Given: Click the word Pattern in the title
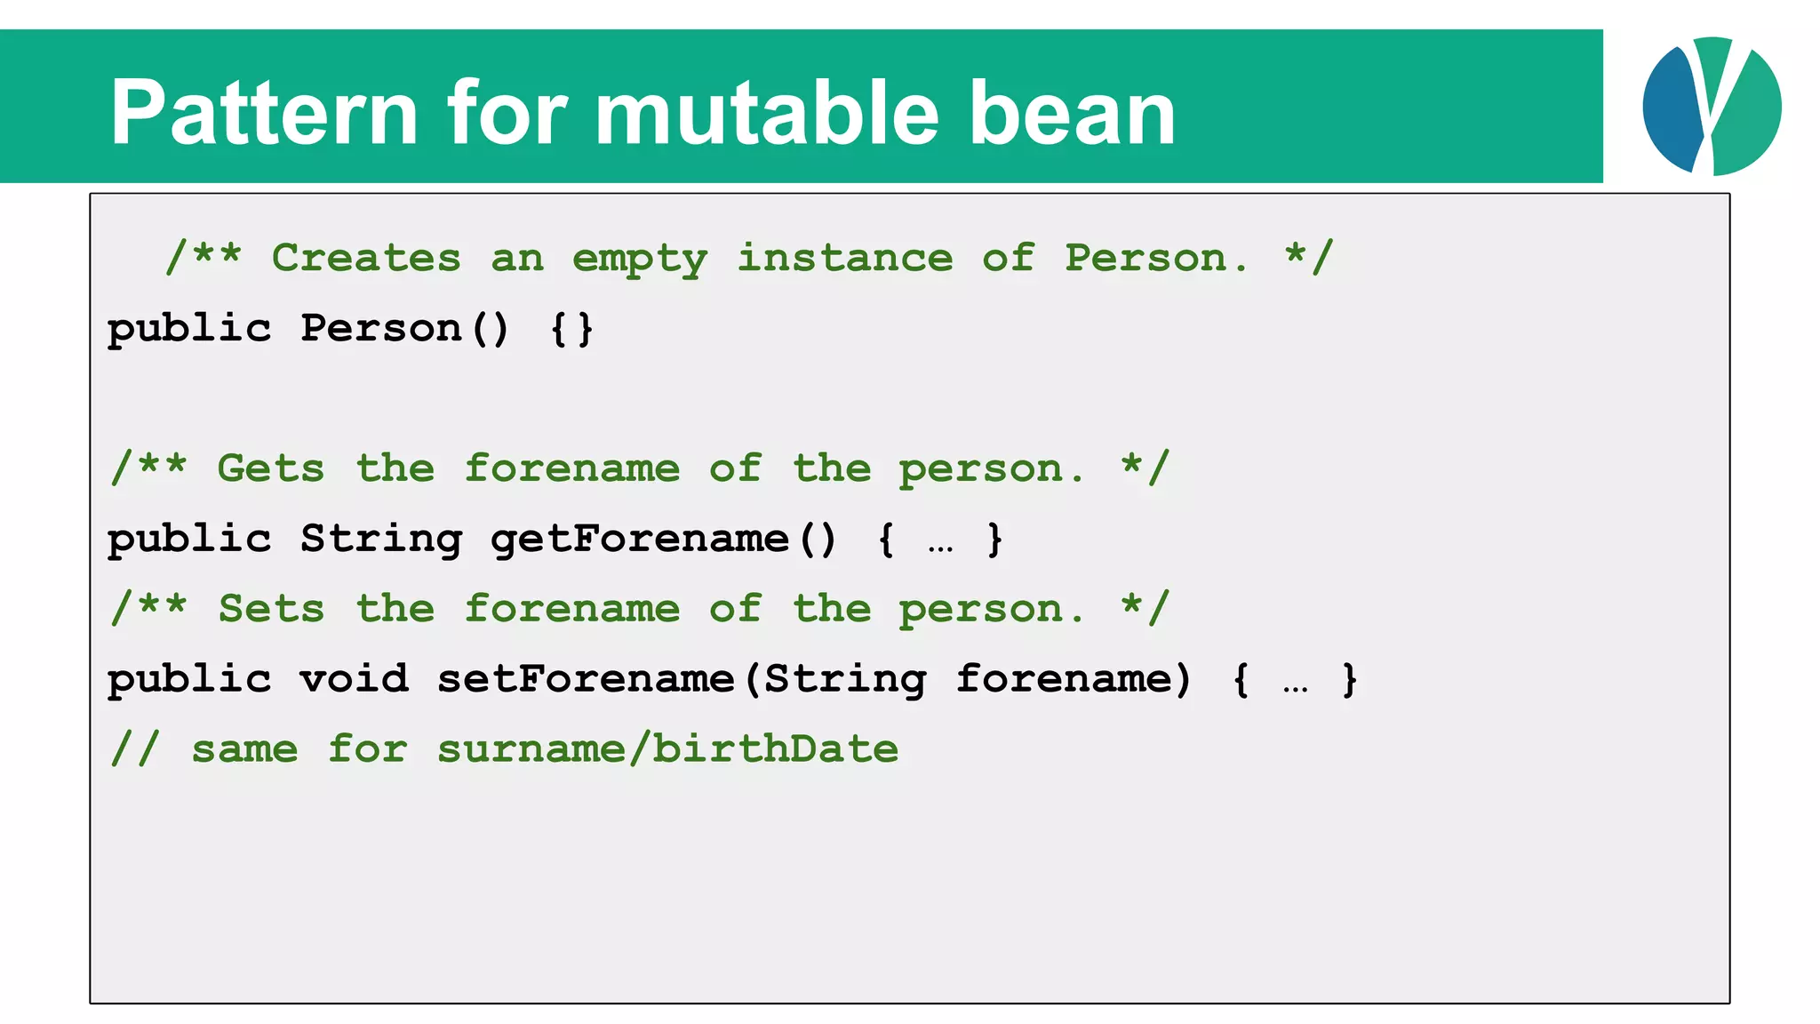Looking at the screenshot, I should pyautogui.click(x=263, y=113).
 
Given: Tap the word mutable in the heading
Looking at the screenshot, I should pyautogui.click(x=765, y=113).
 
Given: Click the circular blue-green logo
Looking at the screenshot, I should pyautogui.click(x=1711, y=106).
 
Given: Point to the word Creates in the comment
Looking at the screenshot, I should pyautogui.click(x=366, y=258).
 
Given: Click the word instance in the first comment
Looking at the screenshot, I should pyautogui.click(x=844, y=258).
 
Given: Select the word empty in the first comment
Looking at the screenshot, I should pyautogui.click(x=639, y=260).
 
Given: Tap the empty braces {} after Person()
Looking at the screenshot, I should pyautogui.click(x=571, y=329).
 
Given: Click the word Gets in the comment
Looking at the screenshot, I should pyautogui.click(x=271, y=468).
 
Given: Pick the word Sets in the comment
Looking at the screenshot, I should pyautogui.click(x=271, y=609).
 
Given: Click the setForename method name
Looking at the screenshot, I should pyautogui.click(x=586, y=679).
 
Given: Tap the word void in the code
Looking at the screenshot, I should pyautogui.click(x=354, y=679).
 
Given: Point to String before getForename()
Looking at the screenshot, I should pyautogui.click(x=381, y=540).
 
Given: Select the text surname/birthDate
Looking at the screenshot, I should pyautogui.click(x=667, y=748).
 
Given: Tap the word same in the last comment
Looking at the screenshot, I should pyautogui.click(x=244, y=749).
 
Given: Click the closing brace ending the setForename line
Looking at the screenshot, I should pyautogui.click(x=1349, y=680).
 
